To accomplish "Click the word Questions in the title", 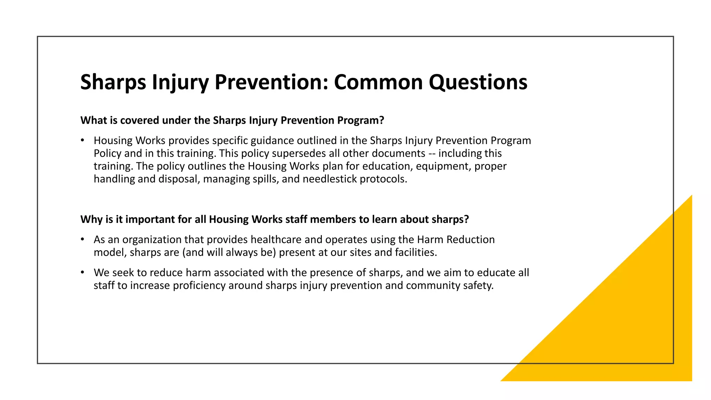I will (478, 82).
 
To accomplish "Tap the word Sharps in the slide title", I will (113, 82).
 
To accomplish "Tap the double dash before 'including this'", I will (432, 153).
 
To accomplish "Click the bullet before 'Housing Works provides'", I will (82, 140).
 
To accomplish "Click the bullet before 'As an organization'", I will (82, 239).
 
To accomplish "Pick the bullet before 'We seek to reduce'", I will (82, 272).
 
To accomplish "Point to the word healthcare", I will (276, 239).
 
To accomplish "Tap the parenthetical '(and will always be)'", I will (229, 252).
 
